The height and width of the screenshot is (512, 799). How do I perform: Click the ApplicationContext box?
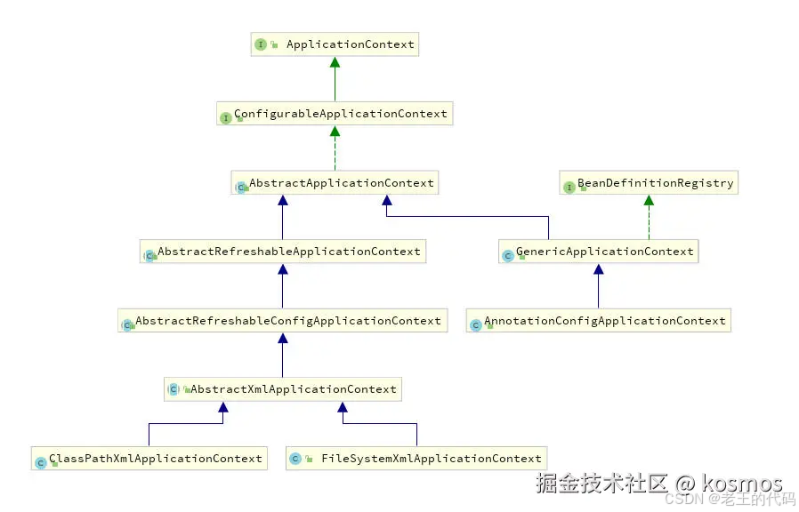point(335,44)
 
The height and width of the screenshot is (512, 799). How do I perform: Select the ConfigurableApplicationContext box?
point(335,114)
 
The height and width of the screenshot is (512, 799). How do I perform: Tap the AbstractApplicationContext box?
point(335,183)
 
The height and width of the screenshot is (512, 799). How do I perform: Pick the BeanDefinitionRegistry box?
point(649,183)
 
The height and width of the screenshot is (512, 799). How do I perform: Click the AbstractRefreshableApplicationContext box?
point(282,252)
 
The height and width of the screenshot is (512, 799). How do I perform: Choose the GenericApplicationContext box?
point(598,252)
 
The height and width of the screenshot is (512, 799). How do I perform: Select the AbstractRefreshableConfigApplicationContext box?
point(281,321)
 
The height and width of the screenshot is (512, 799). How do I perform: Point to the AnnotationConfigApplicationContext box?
point(598,321)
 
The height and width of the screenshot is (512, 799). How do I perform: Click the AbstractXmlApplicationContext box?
point(282,389)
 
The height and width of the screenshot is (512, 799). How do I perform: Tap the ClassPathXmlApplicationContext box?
point(149,459)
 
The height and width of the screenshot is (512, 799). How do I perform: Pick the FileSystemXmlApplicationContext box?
point(417,459)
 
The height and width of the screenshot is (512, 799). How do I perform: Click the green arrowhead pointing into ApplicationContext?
point(335,63)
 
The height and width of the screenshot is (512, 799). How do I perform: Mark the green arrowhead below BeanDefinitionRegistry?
point(649,201)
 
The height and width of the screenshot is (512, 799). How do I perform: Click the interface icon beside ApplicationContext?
point(261,44)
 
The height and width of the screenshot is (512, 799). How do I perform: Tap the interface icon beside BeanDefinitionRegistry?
point(569,187)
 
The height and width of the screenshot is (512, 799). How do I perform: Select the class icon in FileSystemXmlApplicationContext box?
point(295,460)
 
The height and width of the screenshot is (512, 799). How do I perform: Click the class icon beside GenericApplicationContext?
point(508,255)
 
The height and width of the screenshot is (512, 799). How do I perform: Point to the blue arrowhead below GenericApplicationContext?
point(598,269)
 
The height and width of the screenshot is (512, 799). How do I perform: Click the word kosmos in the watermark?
point(742,484)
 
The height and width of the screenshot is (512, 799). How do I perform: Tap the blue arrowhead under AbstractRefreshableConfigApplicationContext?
point(282,339)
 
